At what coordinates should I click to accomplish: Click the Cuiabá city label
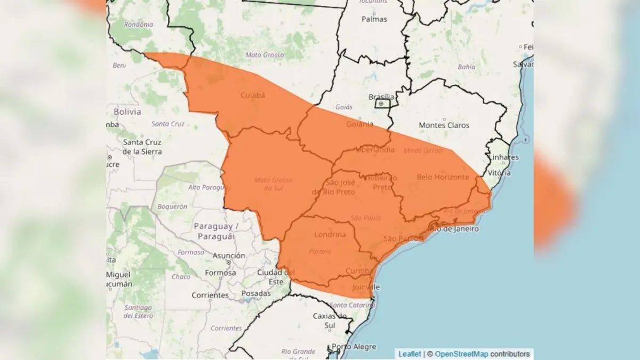[x=253, y=95]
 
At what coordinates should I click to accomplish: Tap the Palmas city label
[x=374, y=19]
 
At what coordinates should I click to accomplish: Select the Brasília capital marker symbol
[x=381, y=103]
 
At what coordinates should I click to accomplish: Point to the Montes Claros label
[x=444, y=125]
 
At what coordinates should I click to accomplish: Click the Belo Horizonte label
[x=442, y=177]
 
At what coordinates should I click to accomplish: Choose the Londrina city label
[x=330, y=235]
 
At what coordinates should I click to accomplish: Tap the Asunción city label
[x=229, y=256]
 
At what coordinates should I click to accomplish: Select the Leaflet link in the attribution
[x=410, y=354]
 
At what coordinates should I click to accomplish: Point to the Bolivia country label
[x=127, y=112]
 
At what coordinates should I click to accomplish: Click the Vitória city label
[x=499, y=173]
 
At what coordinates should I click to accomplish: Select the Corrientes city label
[x=210, y=295]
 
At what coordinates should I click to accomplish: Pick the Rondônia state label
[x=138, y=25]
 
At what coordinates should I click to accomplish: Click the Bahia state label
[x=466, y=67]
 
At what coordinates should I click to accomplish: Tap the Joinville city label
[x=366, y=287]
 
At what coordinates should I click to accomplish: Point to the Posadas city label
[x=256, y=294]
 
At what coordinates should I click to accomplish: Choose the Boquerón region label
[x=172, y=206]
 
